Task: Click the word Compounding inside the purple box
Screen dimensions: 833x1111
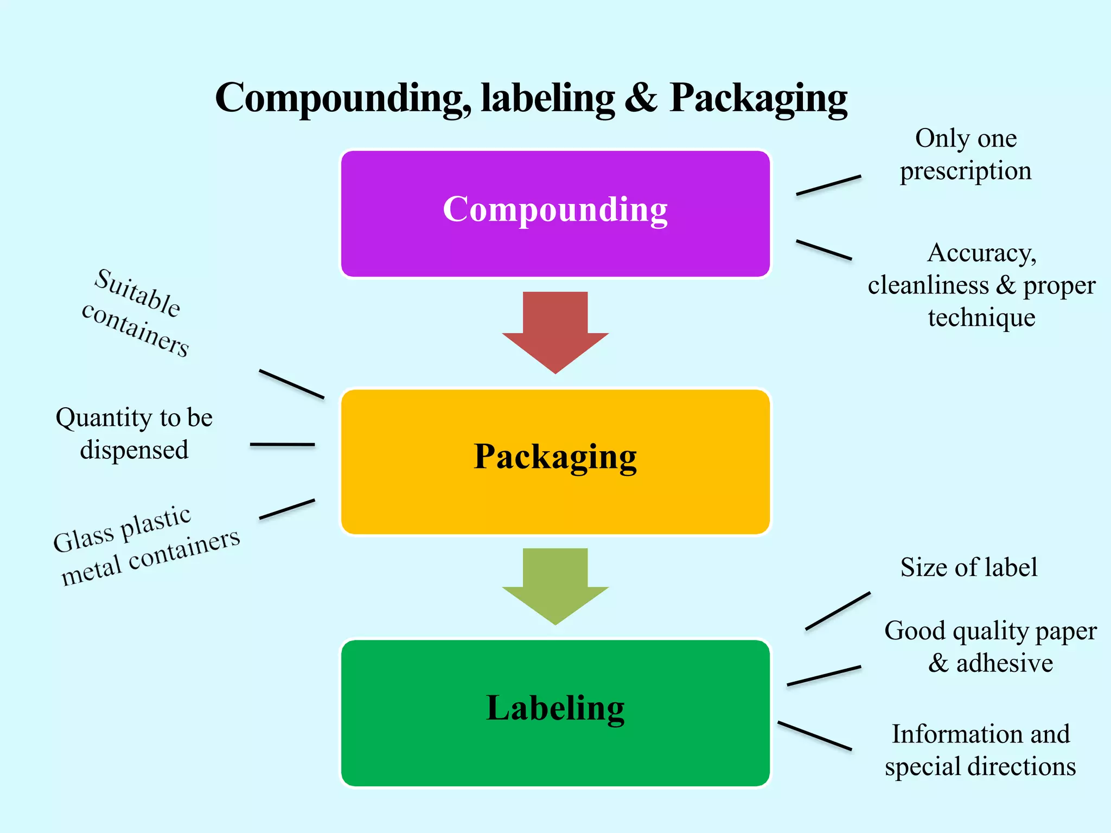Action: (x=555, y=209)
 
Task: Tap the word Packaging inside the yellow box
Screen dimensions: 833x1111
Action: (x=555, y=457)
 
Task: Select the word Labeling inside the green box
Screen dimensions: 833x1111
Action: (x=555, y=708)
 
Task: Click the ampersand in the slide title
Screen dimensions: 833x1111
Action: (x=641, y=98)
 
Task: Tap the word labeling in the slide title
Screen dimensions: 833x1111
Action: (x=548, y=98)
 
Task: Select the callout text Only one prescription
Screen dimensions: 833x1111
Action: (x=966, y=155)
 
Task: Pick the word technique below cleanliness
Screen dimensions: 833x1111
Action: (x=981, y=318)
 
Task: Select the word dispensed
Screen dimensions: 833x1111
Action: (x=134, y=450)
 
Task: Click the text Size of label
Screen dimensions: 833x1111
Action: (x=969, y=568)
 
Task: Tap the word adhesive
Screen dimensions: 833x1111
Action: (x=1004, y=663)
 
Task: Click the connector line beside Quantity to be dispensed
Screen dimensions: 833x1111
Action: (x=282, y=444)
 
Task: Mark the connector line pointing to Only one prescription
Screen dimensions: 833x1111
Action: (x=828, y=185)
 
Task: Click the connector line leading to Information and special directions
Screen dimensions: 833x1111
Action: (x=815, y=736)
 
